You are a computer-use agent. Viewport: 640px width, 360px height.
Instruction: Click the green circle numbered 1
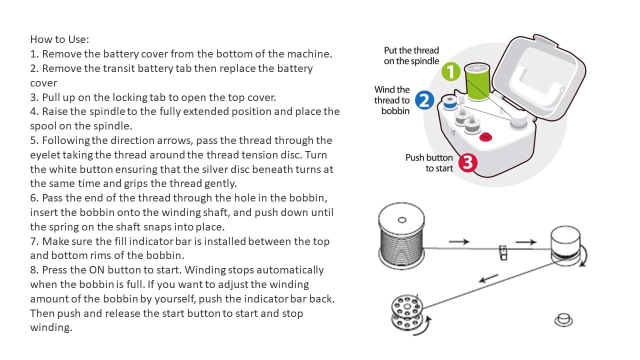click(x=451, y=71)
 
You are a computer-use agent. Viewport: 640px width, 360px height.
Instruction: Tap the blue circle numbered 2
click(x=424, y=100)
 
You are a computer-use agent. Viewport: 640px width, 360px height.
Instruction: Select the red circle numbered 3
click(x=468, y=163)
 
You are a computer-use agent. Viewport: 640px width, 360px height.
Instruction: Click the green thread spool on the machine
click(x=477, y=82)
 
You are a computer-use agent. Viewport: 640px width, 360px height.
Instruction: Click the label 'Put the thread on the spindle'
click(x=411, y=55)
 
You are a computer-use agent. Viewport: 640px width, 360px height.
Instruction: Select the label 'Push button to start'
click(x=429, y=163)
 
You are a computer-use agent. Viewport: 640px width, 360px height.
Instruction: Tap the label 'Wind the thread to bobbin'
click(x=392, y=100)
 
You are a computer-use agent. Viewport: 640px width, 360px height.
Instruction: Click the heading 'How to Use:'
click(x=59, y=39)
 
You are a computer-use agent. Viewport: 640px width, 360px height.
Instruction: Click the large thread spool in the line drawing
click(x=401, y=236)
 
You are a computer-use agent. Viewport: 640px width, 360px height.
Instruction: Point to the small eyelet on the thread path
click(x=503, y=252)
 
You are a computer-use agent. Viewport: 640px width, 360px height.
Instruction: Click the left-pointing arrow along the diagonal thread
click(x=488, y=278)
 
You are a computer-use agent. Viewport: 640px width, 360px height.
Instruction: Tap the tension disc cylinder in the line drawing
click(x=565, y=245)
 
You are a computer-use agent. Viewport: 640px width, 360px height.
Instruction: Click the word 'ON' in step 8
click(x=97, y=270)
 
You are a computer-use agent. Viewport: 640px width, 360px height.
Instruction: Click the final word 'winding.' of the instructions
click(x=51, y=327)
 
